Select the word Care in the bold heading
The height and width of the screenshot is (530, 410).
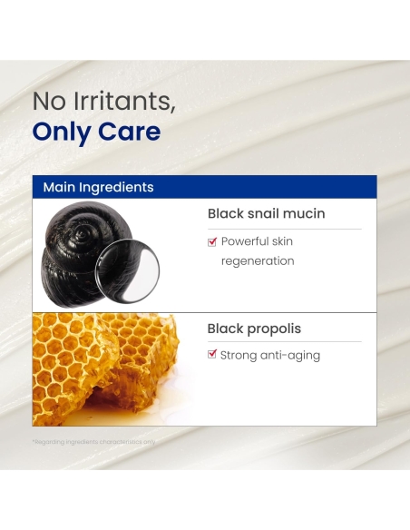[x=131, y=132]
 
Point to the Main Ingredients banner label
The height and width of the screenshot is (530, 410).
[x=98, y=187]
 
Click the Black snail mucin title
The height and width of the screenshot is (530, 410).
[x=266, y=214]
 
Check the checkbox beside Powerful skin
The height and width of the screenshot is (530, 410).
[x=212, y=241]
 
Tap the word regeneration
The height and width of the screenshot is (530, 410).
[x=258, y=261]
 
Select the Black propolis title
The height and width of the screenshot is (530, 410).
[x=254, y=329]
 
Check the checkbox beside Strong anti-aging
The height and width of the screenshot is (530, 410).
[x=212, y=355]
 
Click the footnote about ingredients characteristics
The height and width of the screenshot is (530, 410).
[x=94, y=442]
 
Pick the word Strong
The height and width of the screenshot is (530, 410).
[x=239, y=356]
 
